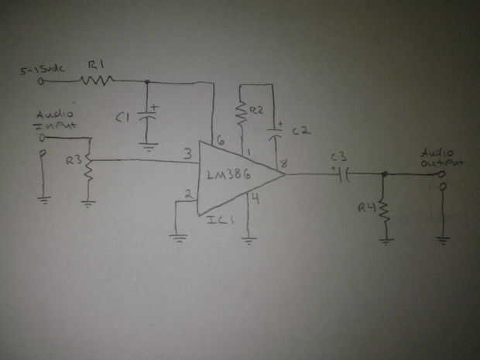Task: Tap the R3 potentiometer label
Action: [x=72, y=162]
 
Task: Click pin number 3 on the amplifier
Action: [x=187, y=155]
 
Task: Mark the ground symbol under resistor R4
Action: [x=385, y=240]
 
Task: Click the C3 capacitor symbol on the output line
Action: [x=344, y=174]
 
